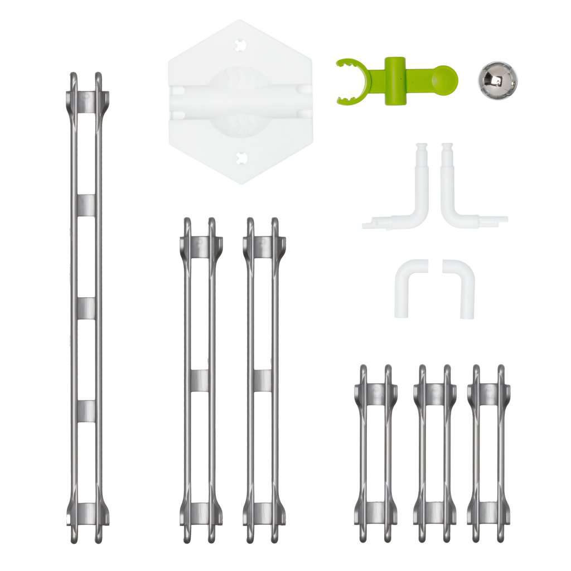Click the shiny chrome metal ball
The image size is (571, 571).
coord(497,80)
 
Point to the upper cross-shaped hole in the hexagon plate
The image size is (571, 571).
coord(241,44)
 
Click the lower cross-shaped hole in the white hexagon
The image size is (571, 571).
coord(241,158)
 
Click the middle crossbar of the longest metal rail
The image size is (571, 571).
coord(86,308)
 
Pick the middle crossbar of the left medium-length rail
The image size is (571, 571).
coord(200,380)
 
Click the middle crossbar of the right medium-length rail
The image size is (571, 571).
coord(263,380)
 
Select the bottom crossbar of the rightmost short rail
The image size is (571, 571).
coord(488,512)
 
